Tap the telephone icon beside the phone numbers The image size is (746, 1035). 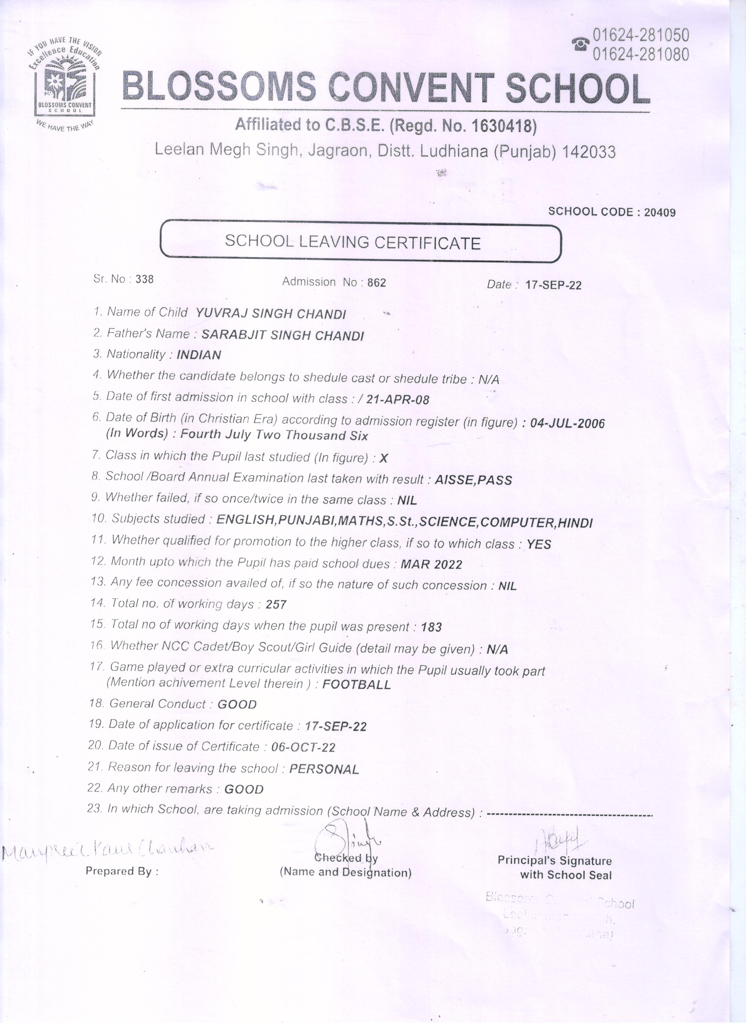point(580,44)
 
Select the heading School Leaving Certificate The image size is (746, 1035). point(353,242)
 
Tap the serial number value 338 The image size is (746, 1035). point(145,279)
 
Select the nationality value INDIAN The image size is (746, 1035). point(199,354)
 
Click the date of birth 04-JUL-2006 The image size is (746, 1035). point(567,423)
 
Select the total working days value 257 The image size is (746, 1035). point(276,605)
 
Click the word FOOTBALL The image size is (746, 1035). point(356,684)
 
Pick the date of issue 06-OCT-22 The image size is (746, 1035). point(303,747)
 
